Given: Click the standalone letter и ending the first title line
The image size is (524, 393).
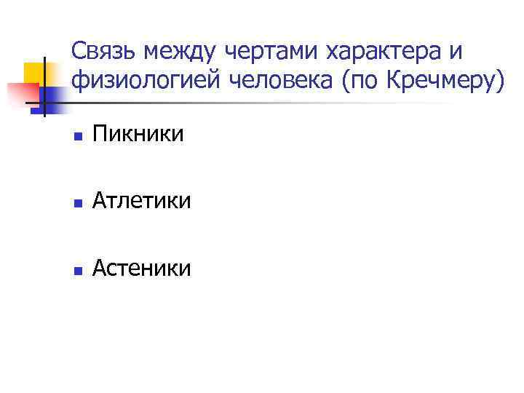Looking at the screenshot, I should click(456, 52).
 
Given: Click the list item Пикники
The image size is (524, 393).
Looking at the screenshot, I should click(138, 134).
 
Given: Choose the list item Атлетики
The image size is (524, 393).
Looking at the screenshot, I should click(142, 201).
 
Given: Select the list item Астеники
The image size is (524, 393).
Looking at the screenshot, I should click(142, 269).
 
